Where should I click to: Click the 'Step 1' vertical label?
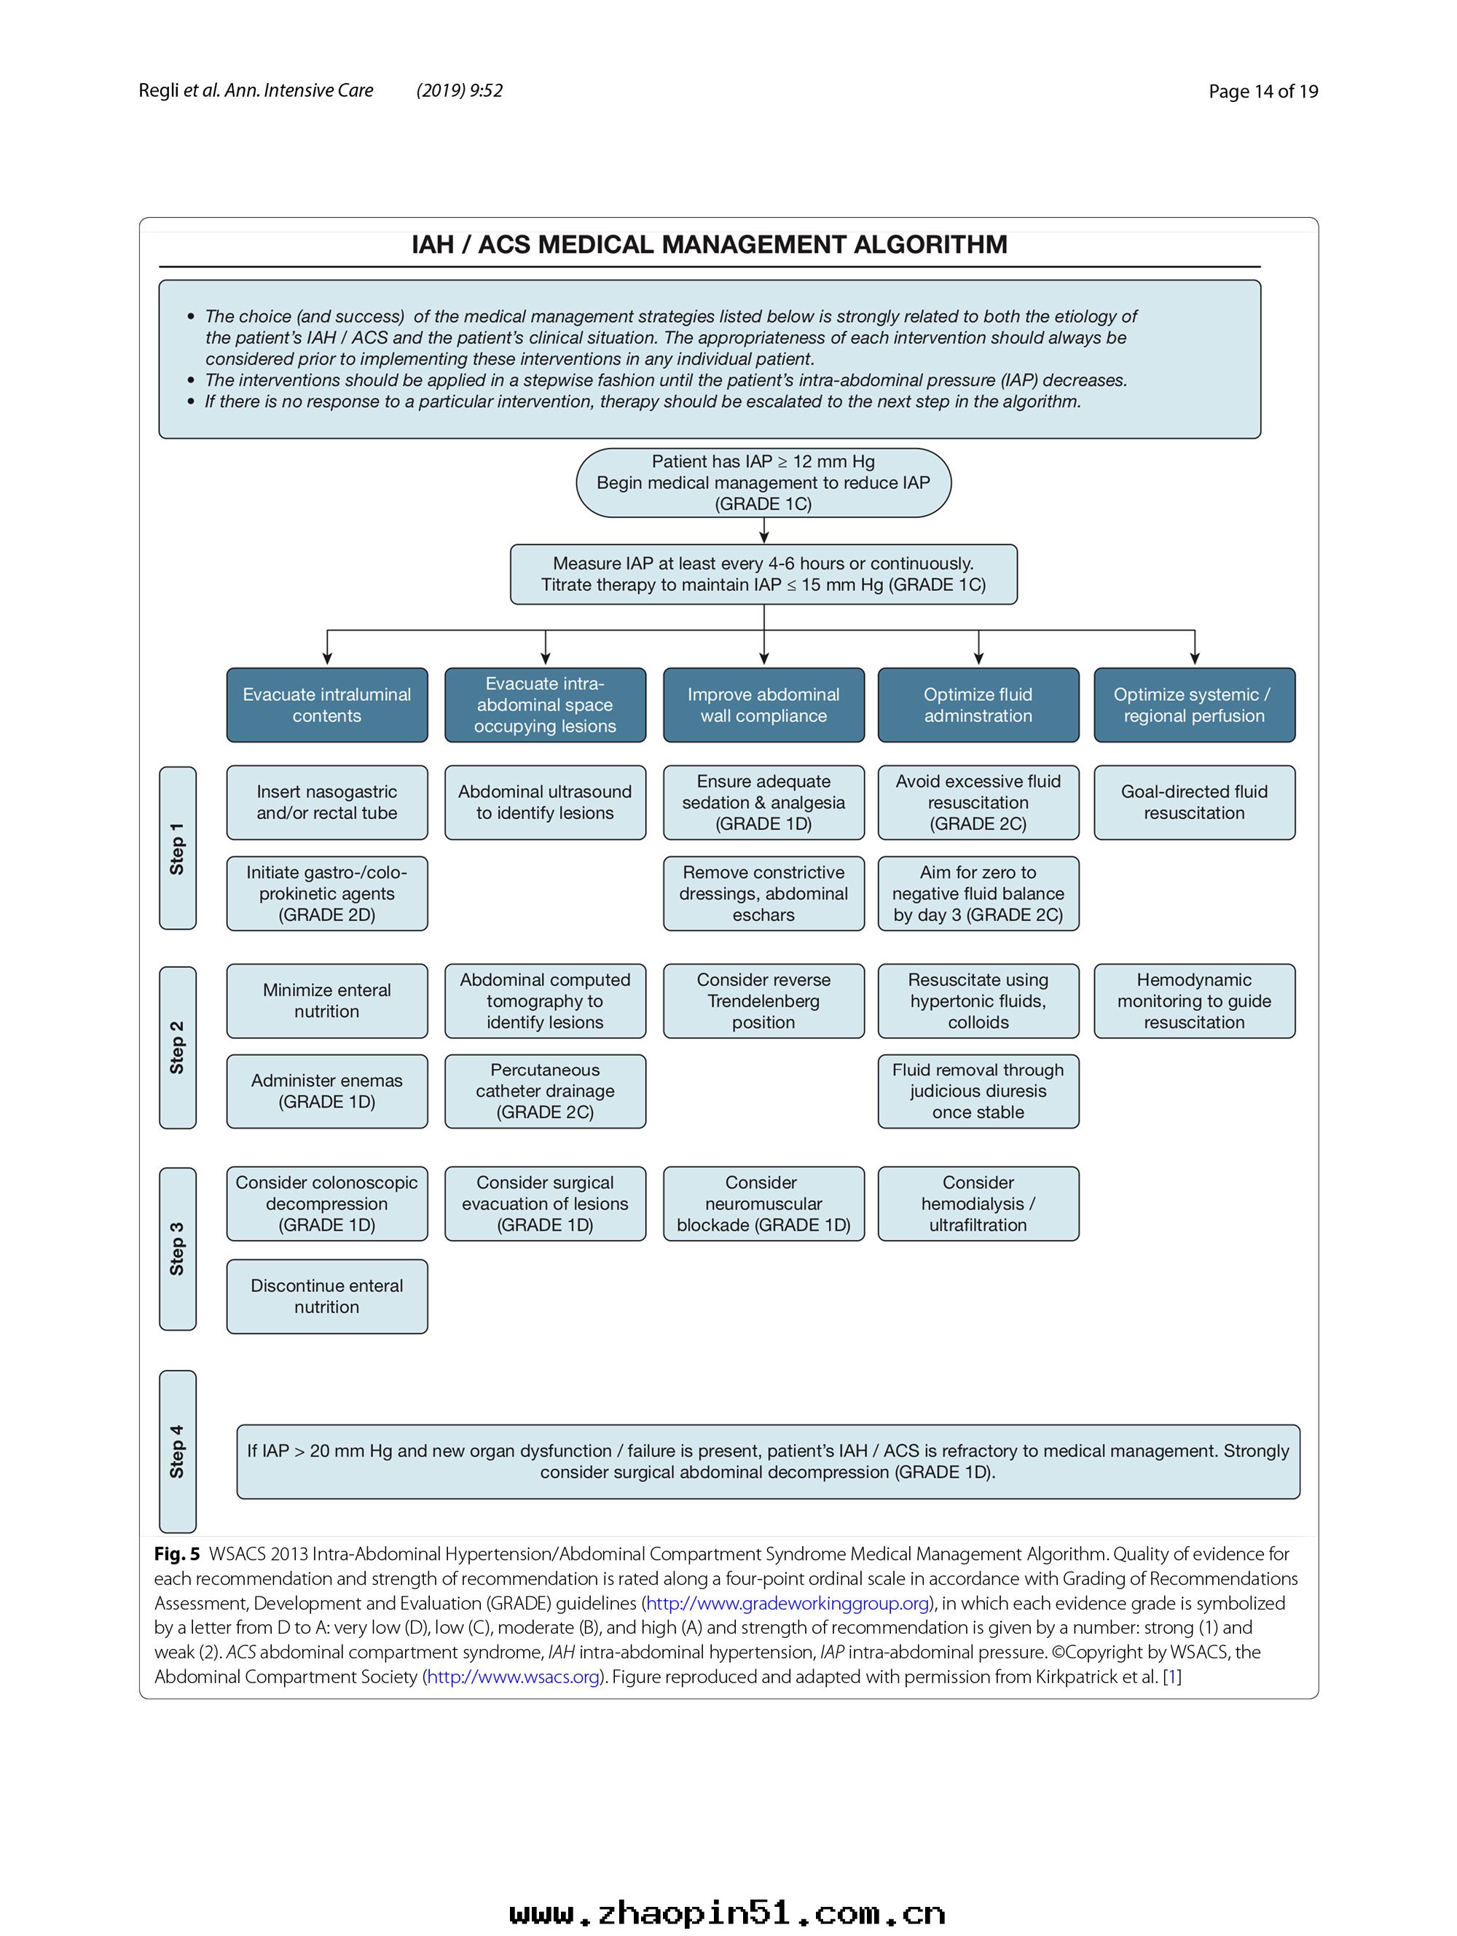[178, 847]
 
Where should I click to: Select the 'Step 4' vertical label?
[178, 1451]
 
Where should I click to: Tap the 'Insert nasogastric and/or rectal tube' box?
[326, 802]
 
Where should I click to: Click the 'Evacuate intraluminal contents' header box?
[326, 705]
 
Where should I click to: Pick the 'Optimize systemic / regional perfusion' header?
[1193, 705]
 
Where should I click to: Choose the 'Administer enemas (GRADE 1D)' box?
[326, 1091]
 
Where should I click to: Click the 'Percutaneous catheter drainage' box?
[544, 1091]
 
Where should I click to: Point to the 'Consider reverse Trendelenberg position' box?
[763, 1000]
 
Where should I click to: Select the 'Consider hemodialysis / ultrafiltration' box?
[978, 1204]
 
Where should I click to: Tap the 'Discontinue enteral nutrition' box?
[326, 1296]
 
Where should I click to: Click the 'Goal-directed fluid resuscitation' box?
[1193, 802]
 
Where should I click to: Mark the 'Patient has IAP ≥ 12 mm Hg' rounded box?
[763, 482]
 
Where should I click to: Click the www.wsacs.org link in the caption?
[513, 1676]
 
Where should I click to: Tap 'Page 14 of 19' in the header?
[1262, 91]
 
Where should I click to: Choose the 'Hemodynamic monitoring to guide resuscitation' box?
[1193, 1000]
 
